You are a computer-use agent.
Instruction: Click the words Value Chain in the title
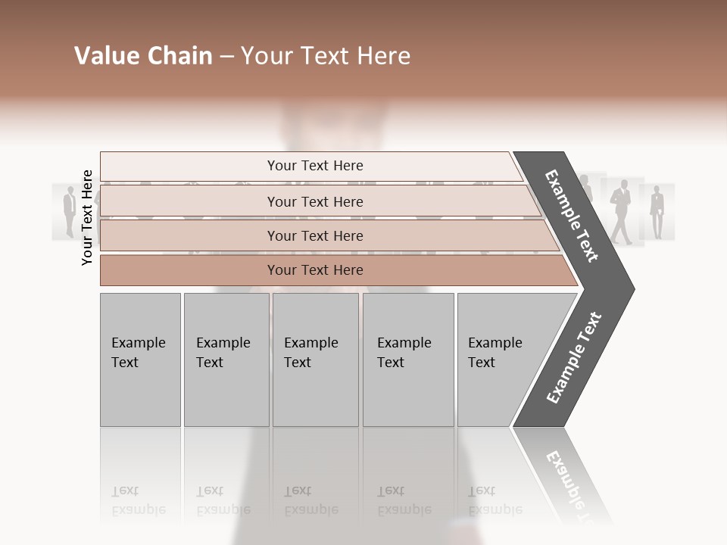pos(143,56)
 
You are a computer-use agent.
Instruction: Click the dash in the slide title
pos(226,57)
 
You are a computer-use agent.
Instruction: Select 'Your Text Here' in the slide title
pos(326,56)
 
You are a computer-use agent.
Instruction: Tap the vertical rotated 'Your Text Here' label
pos(87,217)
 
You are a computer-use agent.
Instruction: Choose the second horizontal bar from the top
pos(315,201)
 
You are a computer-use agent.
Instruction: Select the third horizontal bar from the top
pos(315,235)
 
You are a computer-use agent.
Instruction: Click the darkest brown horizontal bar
pos(315,270)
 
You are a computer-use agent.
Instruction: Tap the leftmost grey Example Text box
pos(140,359)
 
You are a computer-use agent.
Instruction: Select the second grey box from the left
pos(226,359)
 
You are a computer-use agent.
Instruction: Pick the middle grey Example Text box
pos(315,359)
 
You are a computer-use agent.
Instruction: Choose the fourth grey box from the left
pos(408,359)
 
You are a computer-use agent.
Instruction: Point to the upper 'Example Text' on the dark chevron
pos(572,216)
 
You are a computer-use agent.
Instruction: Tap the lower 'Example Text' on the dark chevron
pos(574,357)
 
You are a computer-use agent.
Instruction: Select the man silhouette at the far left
pos(69,212)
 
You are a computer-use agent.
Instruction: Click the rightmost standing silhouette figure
pos(657,211)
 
